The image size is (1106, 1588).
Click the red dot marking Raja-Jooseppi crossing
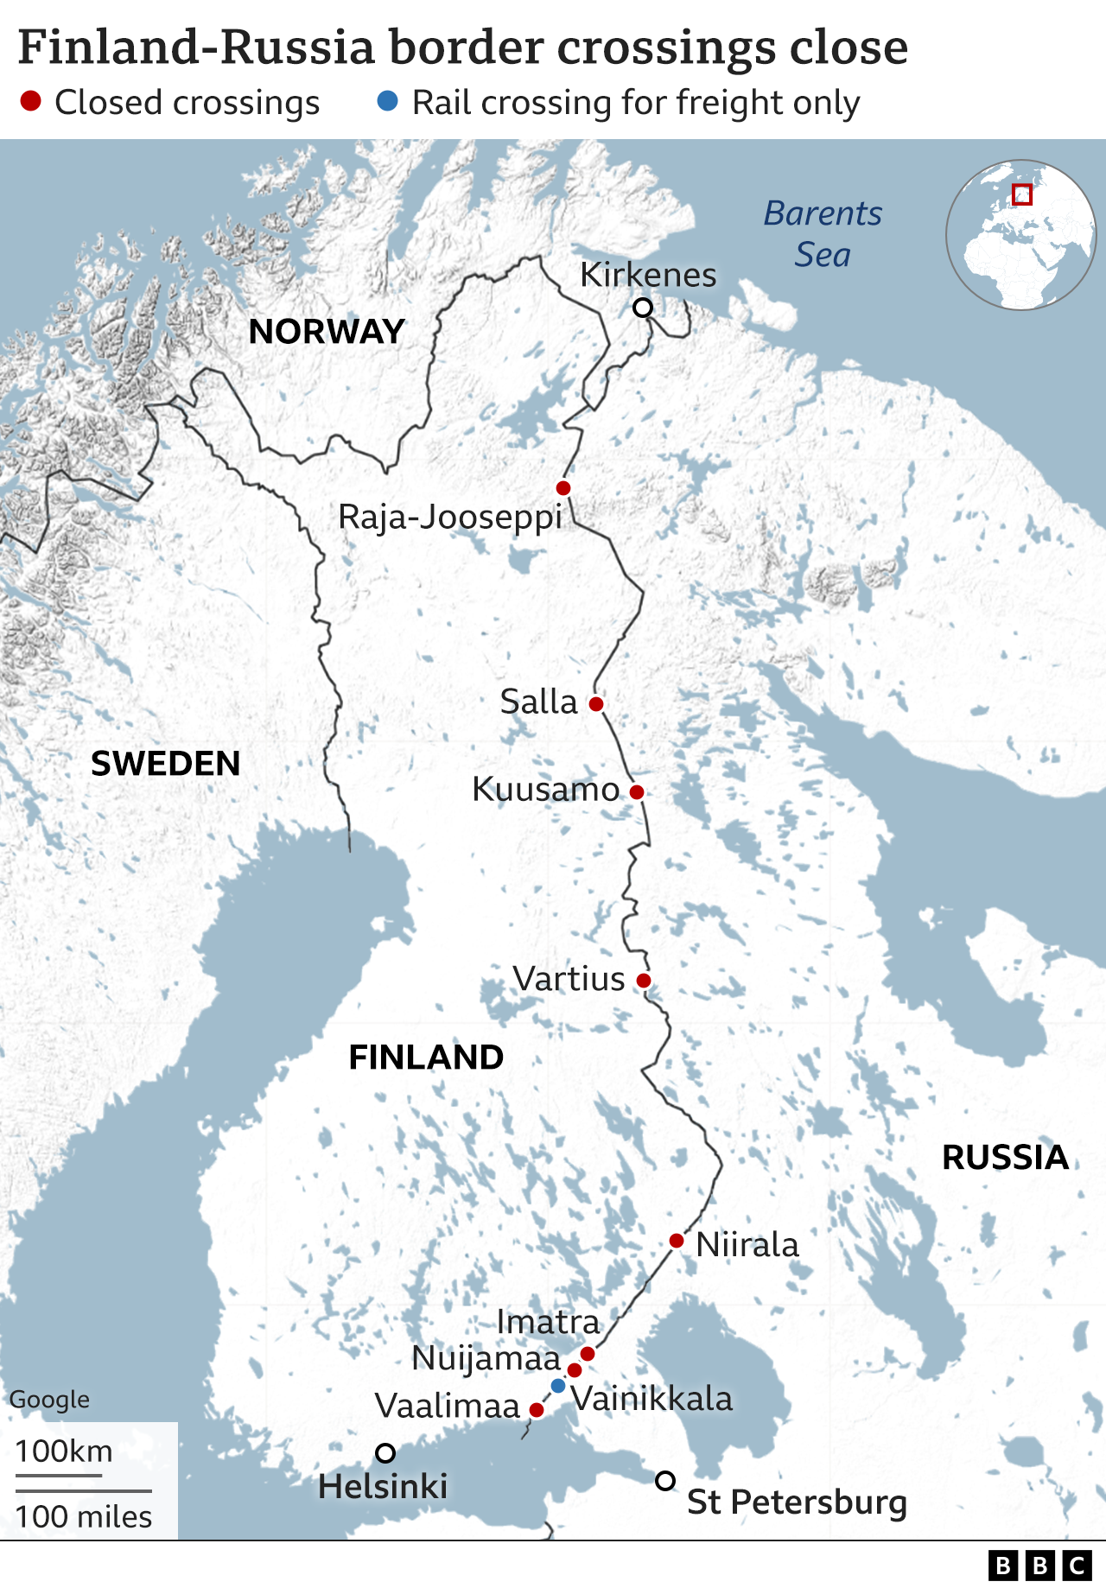coord(563,488)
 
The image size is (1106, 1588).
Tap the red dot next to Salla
coord(596,704)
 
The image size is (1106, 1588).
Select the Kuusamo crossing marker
coord(637,792)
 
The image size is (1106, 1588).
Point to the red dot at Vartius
coord(644,981)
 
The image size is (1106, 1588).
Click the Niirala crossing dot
coord(677,1242)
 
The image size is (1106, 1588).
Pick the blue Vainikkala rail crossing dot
coord(558,1386)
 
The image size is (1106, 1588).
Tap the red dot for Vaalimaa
coord(537,1410)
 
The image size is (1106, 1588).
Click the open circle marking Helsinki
coord(385,1453)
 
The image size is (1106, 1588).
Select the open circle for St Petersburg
coord(664,1481)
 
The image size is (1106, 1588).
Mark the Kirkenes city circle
coord(643,308)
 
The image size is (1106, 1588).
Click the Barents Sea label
coord(823,234)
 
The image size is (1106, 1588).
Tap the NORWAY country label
coord(327,332)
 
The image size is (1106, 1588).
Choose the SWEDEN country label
coord(166,764)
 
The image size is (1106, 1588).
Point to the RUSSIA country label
coord(1005,1158)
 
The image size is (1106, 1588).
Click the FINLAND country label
coord(426,1058)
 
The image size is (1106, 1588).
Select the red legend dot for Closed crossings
coord(31,102)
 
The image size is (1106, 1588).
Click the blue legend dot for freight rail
coord(388,102)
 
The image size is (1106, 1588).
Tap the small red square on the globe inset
coord(1022,194)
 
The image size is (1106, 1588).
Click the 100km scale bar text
coord(64,1451)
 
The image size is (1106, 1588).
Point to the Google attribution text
coord(49,1400)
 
